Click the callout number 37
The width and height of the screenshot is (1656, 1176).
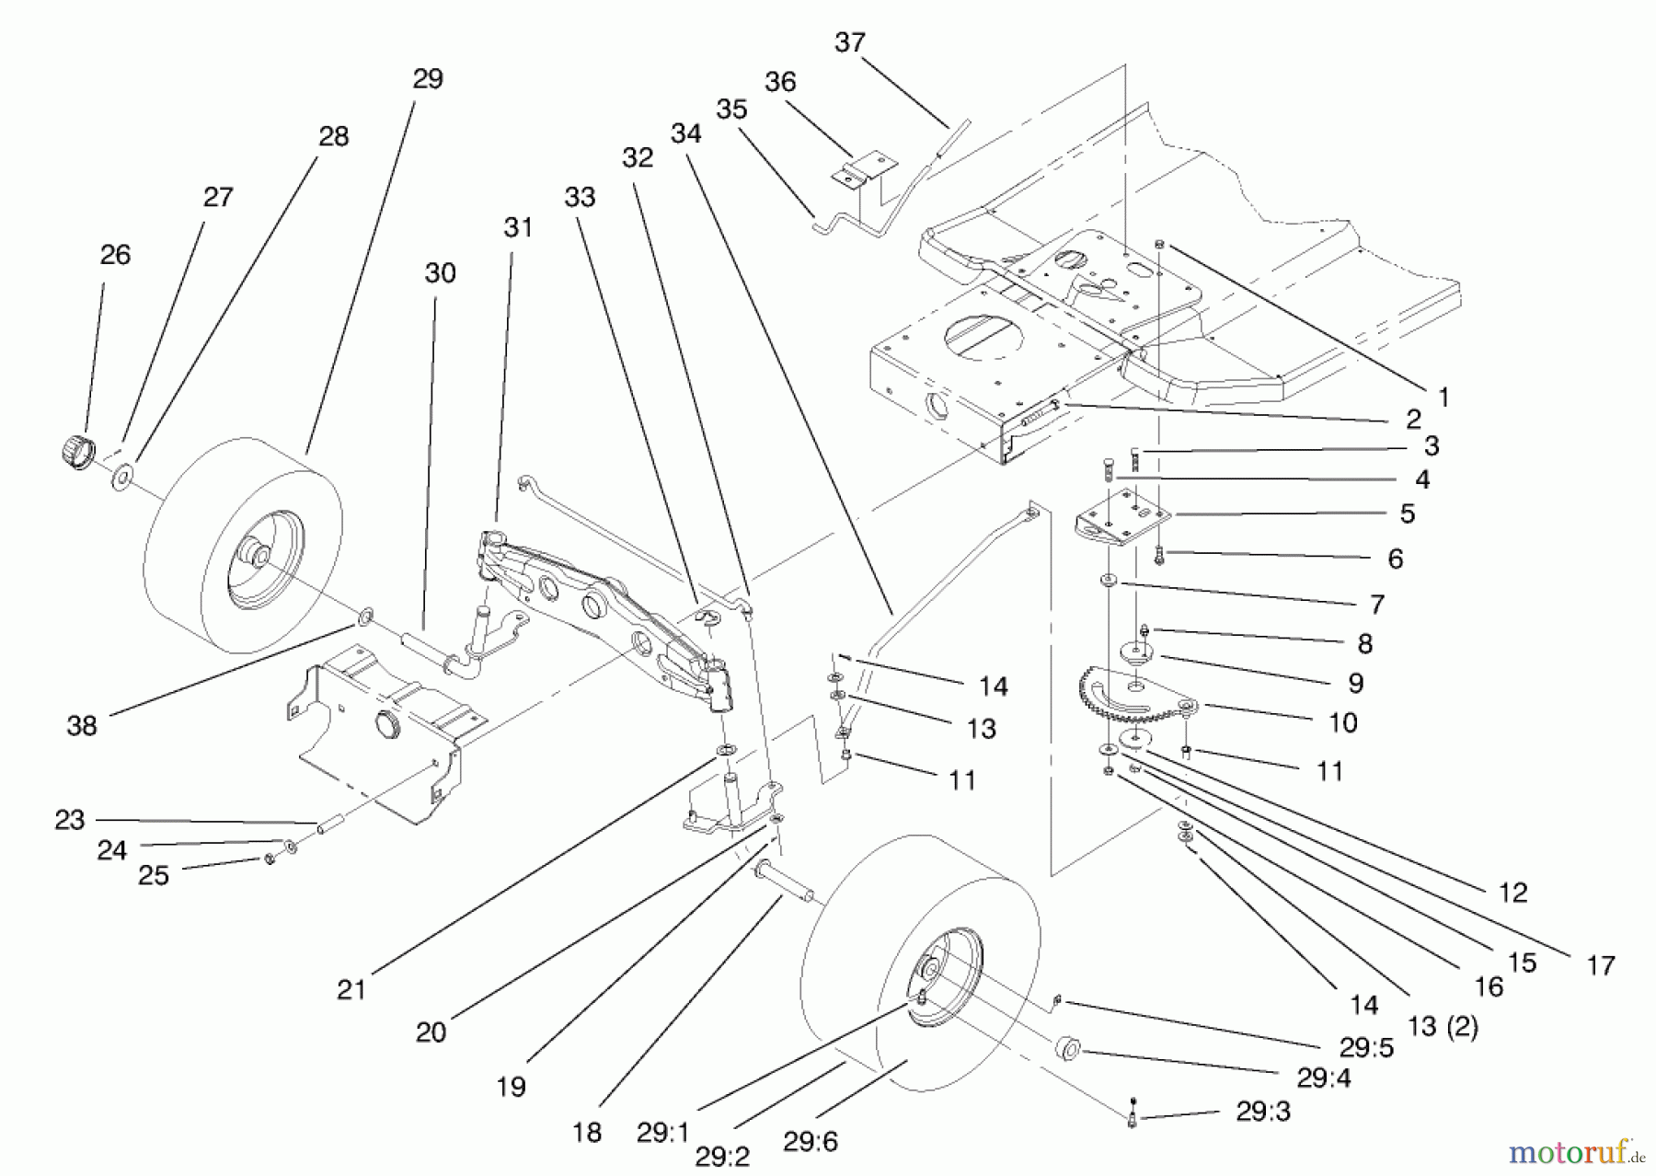850,42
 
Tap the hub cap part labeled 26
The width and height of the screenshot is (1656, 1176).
75,452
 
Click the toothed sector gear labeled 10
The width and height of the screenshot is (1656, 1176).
1132,704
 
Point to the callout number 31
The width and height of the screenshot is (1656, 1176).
518,226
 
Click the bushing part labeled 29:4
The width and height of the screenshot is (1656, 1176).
1067,1047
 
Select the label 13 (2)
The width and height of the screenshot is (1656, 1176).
1442,1027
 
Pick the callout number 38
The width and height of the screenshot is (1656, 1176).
82,726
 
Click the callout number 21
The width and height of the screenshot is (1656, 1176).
351,990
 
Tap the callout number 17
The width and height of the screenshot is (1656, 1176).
1601,965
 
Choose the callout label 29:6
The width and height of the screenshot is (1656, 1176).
811,1142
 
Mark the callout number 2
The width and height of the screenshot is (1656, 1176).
1413,420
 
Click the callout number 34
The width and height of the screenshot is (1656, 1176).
686,133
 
